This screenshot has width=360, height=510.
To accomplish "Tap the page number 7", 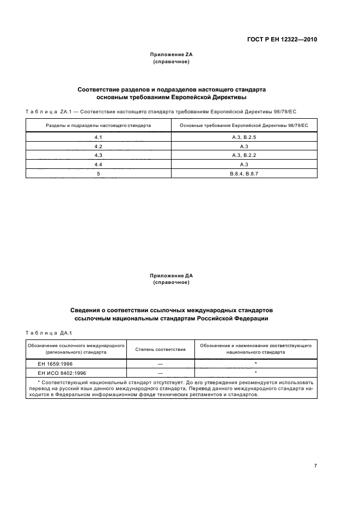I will (315, 466).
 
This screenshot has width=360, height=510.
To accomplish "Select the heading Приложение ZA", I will (172, 55).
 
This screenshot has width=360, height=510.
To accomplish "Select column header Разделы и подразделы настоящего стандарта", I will (99, 125).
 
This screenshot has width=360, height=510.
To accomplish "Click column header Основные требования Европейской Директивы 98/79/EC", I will (244, 125).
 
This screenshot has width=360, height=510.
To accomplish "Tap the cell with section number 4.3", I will (99, 156).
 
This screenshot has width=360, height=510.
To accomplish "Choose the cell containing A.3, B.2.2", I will (244, 156).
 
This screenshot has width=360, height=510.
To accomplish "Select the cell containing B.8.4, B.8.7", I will (244, 173).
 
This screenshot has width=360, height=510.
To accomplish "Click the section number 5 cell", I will (99, 173).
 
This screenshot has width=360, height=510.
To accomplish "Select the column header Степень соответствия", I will (160, 349).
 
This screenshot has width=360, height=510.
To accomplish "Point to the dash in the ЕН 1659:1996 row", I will (160, 362).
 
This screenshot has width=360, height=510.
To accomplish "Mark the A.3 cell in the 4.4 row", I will (244, 165).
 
